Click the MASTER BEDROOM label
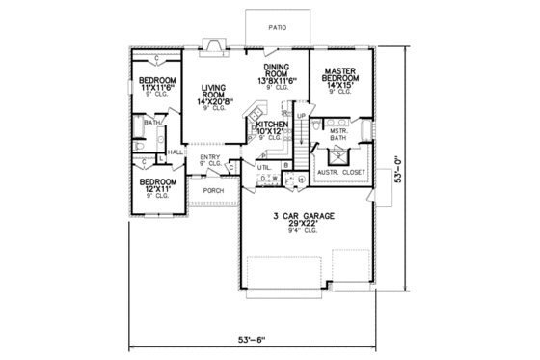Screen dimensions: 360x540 point(343,76)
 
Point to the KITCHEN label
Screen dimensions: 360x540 point(273,125)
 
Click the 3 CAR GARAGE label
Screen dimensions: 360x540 point(305,217)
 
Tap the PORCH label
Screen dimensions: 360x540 point(213,190)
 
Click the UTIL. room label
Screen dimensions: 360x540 point(263,166)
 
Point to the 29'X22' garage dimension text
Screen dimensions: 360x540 point(305,226)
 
